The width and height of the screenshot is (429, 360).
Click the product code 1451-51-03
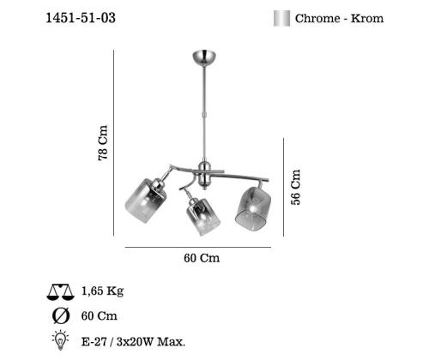(81, 18)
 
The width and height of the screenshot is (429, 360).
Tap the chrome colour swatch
(281, 19)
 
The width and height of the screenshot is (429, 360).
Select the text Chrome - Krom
(339, 18)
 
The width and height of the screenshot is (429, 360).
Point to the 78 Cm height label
(103, 142)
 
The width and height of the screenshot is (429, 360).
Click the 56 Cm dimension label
(296, 187)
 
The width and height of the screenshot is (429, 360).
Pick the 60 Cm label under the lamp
(202, 258)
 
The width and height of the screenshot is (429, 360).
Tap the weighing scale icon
(61, 292)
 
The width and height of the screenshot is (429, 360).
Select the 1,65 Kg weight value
(102, 291)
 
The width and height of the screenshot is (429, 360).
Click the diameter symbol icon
(61, 316)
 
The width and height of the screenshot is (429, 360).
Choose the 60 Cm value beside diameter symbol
(100, 316)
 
